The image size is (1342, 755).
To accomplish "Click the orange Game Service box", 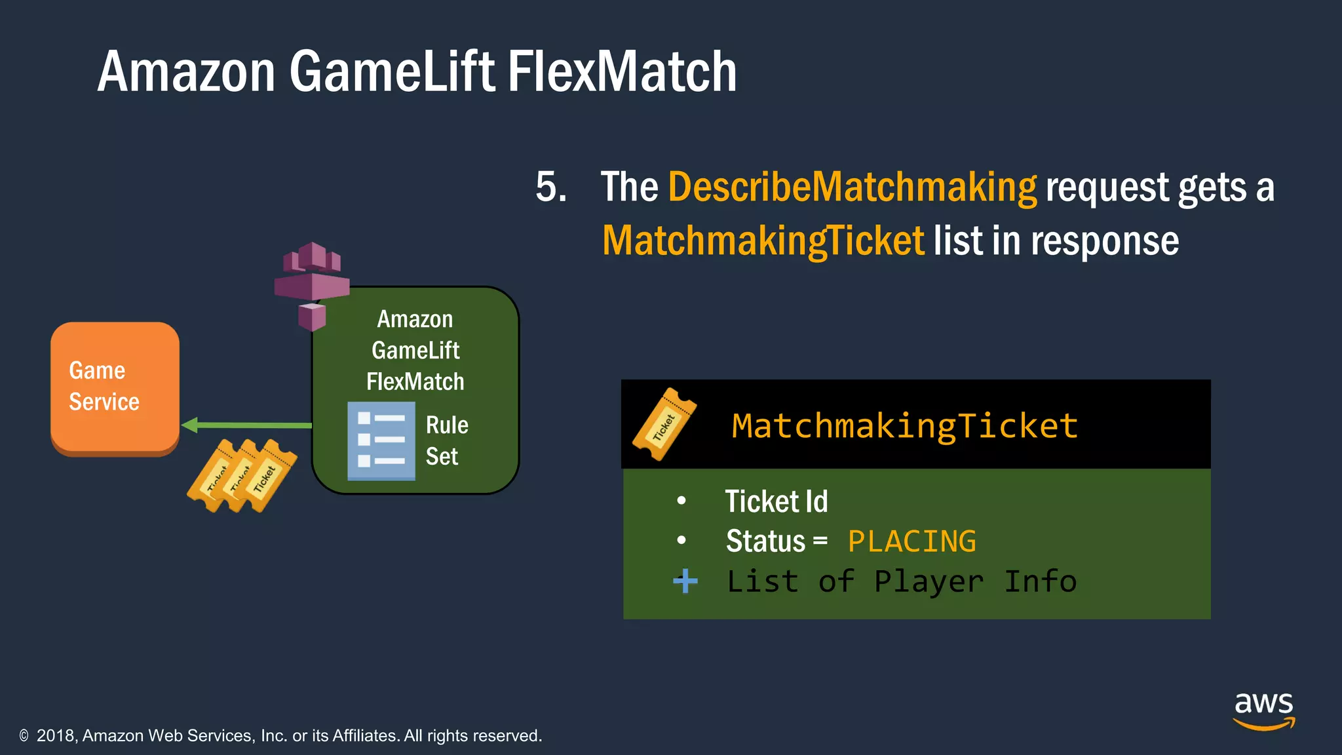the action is click(x=115, y=387).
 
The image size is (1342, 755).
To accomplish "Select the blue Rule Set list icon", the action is click(x=381, y=441).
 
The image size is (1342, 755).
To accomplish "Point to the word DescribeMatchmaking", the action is click(x=852, y=187).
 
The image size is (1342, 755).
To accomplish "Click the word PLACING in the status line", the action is click(x=911, y=542).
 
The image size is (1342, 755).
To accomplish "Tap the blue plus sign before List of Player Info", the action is click(x=685, y=581).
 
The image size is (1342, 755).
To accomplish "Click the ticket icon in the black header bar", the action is click(x=664, y=425).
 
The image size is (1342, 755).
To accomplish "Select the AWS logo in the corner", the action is click(x=1264, y=710).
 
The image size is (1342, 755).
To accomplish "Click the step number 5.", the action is click(x=550, y=187).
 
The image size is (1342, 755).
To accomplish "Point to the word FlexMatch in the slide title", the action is click(x=622, y=71).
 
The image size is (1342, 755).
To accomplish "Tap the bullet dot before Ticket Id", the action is click(x=681, y=501).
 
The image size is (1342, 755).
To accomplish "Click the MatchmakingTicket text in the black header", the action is click(x=904, y=426).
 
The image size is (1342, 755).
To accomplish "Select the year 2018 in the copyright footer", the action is click(x=56, y=736).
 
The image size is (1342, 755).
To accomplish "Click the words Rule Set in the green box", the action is click(x=447, y=440).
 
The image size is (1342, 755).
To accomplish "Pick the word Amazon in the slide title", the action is click(x=186, y=71).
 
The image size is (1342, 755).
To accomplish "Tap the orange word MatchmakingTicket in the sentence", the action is click(x=763, y=241).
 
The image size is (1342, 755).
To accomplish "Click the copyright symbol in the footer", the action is click(x=24, y=736).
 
